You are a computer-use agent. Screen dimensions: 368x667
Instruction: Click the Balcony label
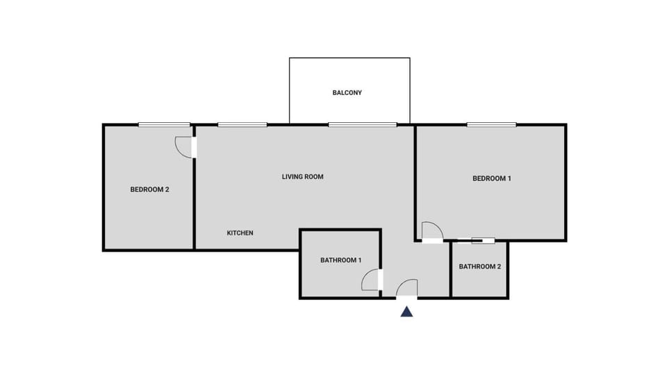point(347,92)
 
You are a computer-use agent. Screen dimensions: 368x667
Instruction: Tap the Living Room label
point(302,176)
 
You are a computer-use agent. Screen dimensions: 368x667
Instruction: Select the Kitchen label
point(240,233)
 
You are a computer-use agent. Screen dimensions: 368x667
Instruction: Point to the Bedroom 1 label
point(492,178)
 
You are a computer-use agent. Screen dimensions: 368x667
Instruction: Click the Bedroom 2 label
point(150,189)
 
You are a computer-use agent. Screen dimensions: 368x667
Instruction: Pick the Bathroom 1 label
point(340,260)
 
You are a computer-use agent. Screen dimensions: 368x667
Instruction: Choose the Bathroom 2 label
point(479,266)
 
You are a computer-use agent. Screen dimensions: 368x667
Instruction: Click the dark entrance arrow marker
point(406,312)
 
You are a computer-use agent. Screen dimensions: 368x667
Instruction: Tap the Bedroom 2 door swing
point(183,147)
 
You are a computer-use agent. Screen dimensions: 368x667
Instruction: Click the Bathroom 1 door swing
point(370,281)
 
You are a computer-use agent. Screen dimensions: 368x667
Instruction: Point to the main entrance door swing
point(407,288)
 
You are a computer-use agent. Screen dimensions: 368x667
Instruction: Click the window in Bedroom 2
point(164,125)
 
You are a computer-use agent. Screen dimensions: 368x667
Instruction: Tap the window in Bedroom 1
point(491,125)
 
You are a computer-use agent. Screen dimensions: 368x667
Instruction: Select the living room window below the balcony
point(362,125)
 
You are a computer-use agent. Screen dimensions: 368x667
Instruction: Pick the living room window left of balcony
point(242,125)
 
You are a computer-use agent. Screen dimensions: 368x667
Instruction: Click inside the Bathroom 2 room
point(479,281)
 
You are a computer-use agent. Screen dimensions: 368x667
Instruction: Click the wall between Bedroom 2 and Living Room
point(194,201)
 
